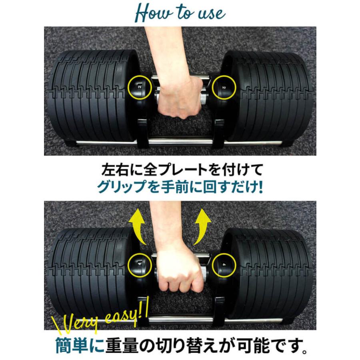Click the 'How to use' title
point(180,12)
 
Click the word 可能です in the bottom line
point(280,344)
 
